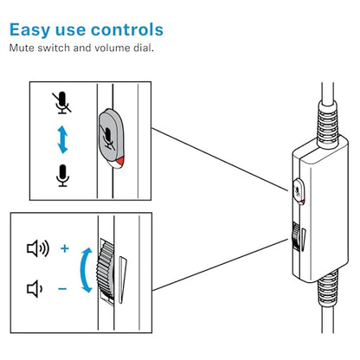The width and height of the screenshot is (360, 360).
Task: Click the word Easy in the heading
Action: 29,30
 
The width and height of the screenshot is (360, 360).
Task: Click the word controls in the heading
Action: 127,29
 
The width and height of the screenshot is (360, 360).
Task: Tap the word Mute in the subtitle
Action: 22,48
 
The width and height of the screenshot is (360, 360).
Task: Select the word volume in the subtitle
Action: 112,48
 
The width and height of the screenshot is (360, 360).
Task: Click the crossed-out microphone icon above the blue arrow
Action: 62,103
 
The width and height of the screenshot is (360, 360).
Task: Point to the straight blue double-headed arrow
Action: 62,140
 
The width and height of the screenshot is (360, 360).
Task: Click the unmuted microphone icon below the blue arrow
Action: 62,176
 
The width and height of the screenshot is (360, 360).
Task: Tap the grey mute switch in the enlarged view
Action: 112,138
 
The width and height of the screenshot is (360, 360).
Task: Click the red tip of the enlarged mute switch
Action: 120,163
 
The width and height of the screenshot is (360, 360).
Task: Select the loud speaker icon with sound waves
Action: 38,248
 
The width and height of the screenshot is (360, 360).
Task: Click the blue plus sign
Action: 65,248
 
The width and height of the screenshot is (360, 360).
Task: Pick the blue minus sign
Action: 62,288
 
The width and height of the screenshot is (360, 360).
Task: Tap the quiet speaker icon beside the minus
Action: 35,288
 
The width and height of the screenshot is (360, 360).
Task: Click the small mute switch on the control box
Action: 299,192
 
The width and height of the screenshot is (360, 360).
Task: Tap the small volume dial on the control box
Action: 295,236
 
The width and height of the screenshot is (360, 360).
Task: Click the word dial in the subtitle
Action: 144,48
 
